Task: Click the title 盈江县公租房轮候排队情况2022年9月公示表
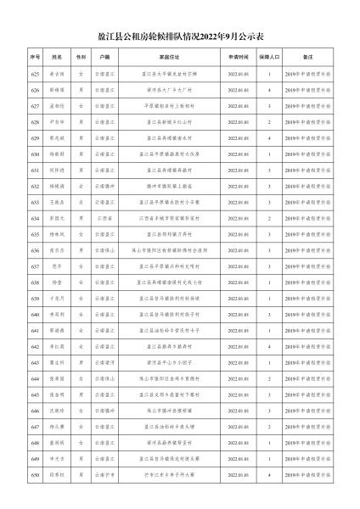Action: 180,37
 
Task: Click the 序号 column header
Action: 36,55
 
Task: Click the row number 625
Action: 36,74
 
